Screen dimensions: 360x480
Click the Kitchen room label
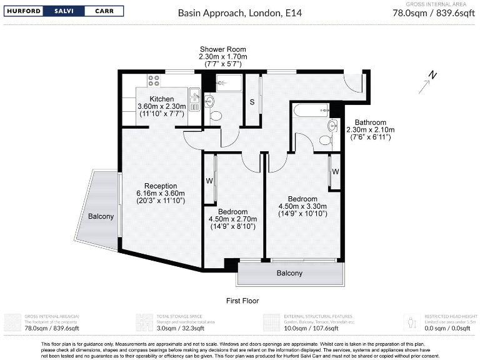pos(161,99)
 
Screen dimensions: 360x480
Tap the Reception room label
pos(161,186)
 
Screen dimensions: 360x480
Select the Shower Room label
pos(222,49)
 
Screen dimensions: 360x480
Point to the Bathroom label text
pos(371,122)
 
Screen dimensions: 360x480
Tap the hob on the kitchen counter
pos(154,81)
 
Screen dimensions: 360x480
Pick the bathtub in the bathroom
pos(311,111)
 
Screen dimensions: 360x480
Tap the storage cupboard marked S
pos(252,102)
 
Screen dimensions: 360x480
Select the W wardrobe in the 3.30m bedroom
pos(335,171)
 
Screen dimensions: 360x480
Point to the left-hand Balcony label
pos(101,216)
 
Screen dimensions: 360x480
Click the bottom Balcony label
pos(289,273)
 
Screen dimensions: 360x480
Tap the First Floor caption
pos(242,301)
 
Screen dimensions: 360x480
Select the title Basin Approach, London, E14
pos(239,12)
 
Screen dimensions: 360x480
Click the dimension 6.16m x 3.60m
pos(161,193)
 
